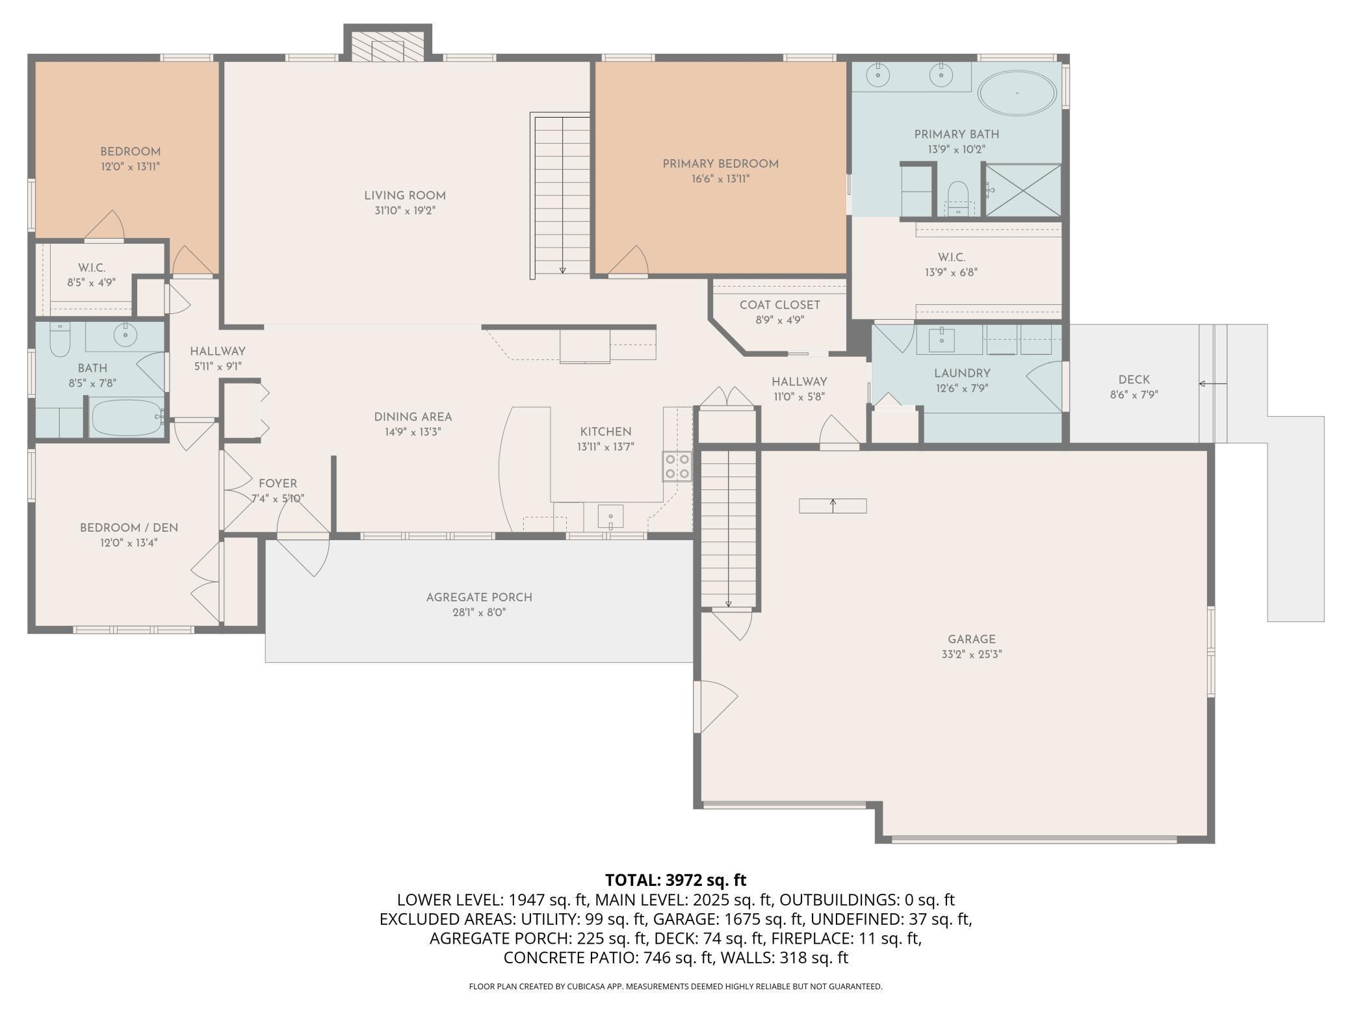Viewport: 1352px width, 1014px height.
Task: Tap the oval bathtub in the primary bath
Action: click(x=1017, y=94)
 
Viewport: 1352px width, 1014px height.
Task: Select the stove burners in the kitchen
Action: click(x=677, y=466)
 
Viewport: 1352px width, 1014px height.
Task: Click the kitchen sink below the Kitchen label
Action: click(x=610, y=517)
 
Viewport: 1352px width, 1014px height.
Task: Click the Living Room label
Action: click(x=405, y=196)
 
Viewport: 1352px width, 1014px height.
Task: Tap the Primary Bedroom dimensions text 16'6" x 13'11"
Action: click(x=721, y=179)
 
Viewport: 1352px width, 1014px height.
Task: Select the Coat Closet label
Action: click(x=780, y=305)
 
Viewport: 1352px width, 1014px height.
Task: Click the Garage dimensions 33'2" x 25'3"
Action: click(x=972, y=655)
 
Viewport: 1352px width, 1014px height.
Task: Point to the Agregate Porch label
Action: click(x=479, y=597)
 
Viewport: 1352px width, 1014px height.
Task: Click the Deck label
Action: click(x=1134, y=380)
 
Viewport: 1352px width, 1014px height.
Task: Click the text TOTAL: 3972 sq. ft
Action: click(x=676, y=880)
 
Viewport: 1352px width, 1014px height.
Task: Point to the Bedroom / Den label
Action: click(x=129, y=528)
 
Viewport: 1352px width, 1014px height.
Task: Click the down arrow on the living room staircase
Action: click(x=563, y=270)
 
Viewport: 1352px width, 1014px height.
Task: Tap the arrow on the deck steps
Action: click(x=1213, y=383)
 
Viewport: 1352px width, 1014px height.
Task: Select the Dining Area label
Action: click(x=413, y=417)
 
